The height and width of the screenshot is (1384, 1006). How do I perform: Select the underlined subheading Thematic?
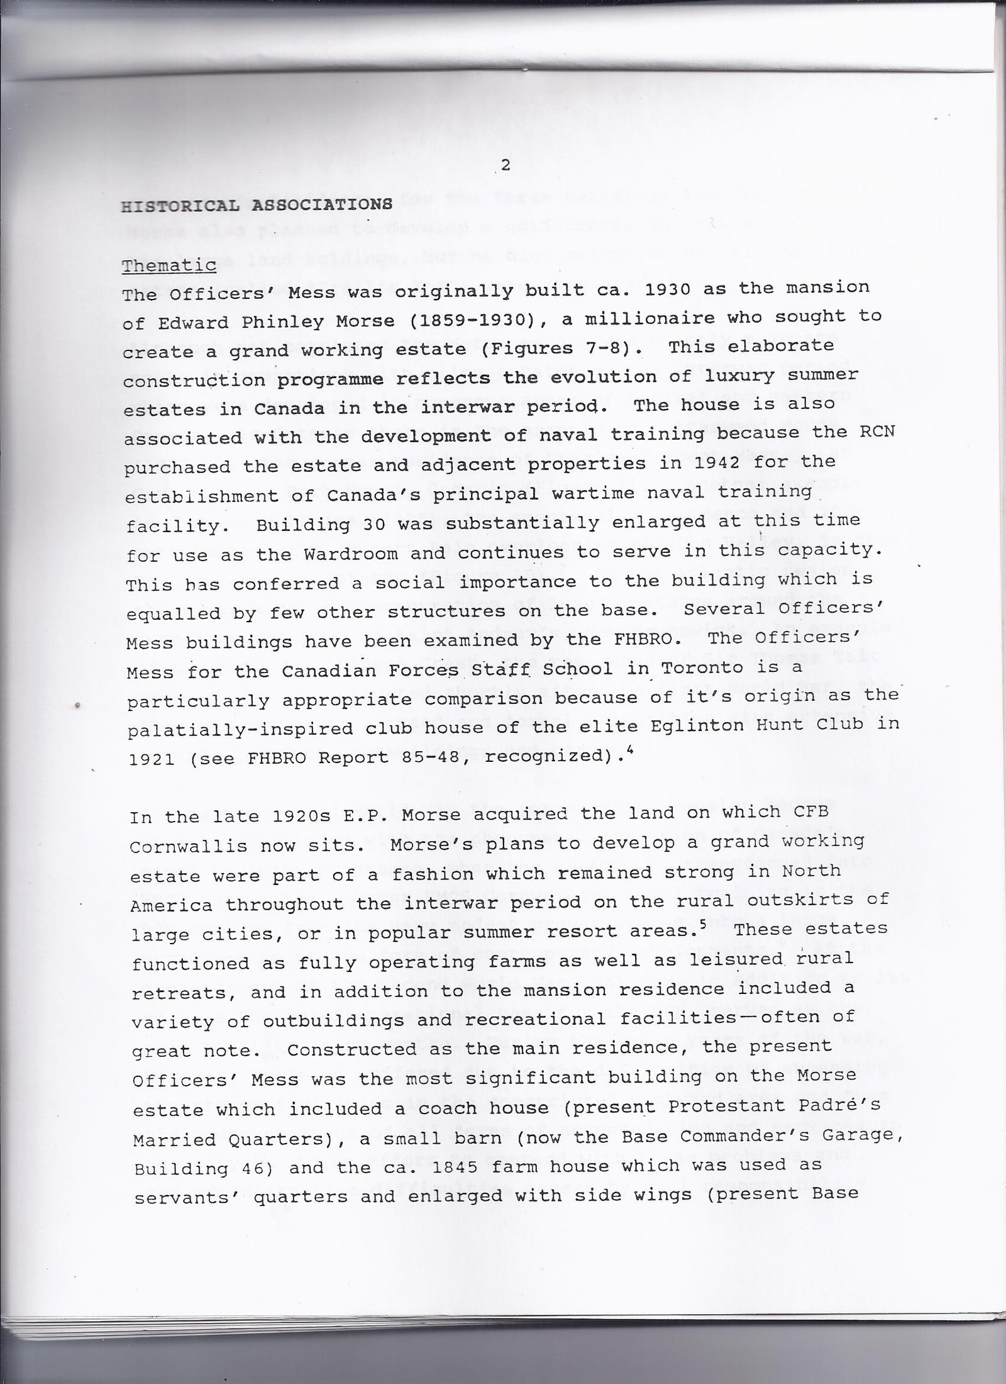169,266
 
